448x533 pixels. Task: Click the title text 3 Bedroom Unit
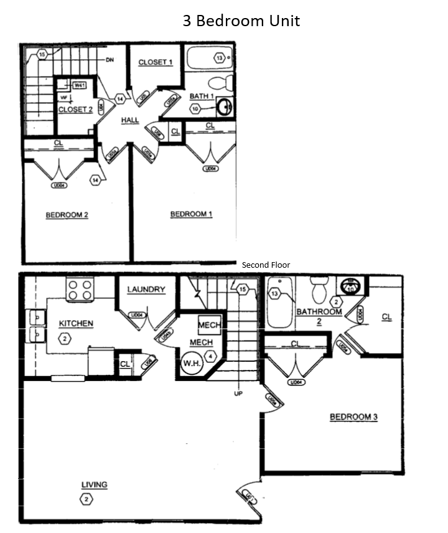pyautogui.click(x=241, y=21)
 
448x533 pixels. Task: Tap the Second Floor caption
pyautogui.click(x=266, y=265)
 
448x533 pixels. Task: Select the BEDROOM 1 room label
pyautogui.click(x=192, y=214)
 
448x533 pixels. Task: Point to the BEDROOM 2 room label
pyautogui.click(x=67, y=215)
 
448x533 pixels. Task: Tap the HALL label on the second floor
pyautogui.click(x=130, y=120)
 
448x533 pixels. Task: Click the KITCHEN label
pyautogui.click(x=76, y=323)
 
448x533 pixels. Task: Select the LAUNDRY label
pyautogui.click(x=146, y=290)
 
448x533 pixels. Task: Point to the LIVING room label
pyautogui.click(x=94, y=485)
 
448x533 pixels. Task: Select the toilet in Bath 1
pyautogui.click(x=218, y=82)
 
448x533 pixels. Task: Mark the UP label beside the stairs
pyautogui.click(x=238, y=394)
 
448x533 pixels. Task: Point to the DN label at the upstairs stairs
pyautogui.click(x=110, y=60)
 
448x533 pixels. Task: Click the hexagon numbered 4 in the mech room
pyautogui.click(x=212, y=356)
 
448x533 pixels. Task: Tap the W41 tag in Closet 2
pyautogui.click(x=80, y=85)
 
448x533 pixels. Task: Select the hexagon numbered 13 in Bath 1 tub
pyautogui.click(x=219, y=59)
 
